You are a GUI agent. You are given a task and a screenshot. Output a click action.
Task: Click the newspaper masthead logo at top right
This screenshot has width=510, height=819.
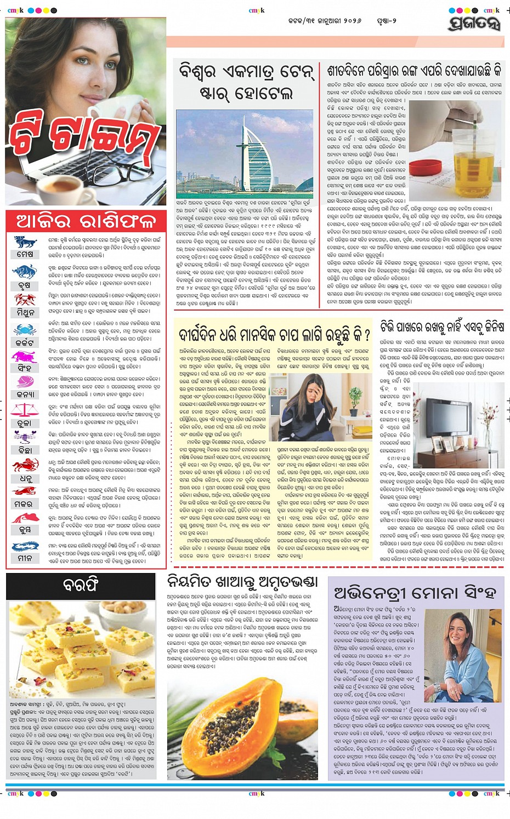[474, 23]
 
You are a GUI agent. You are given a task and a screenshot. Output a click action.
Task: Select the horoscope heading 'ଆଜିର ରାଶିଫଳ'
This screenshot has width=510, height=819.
[86, 221]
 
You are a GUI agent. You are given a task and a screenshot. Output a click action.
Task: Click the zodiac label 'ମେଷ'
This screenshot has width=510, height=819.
[25, 254]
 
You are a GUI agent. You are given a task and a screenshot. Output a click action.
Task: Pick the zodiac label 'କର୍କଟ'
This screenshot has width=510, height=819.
[25, 342]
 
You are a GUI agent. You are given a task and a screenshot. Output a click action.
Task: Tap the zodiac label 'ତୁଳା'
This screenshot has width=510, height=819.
[25, 423]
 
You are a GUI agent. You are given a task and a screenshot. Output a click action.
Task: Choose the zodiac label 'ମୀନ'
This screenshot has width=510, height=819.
[25, 558]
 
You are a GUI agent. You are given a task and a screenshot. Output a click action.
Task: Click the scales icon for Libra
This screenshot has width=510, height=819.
[25, 409]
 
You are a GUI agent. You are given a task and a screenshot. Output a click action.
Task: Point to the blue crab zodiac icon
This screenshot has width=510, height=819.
[25, 329]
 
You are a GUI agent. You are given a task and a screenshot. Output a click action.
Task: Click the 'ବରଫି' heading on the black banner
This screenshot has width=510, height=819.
[81, 585]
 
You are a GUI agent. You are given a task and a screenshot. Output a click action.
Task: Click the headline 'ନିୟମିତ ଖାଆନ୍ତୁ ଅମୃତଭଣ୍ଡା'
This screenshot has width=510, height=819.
[242, 581]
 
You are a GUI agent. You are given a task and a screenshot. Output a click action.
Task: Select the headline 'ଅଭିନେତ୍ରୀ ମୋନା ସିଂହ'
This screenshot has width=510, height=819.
[415, 593]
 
